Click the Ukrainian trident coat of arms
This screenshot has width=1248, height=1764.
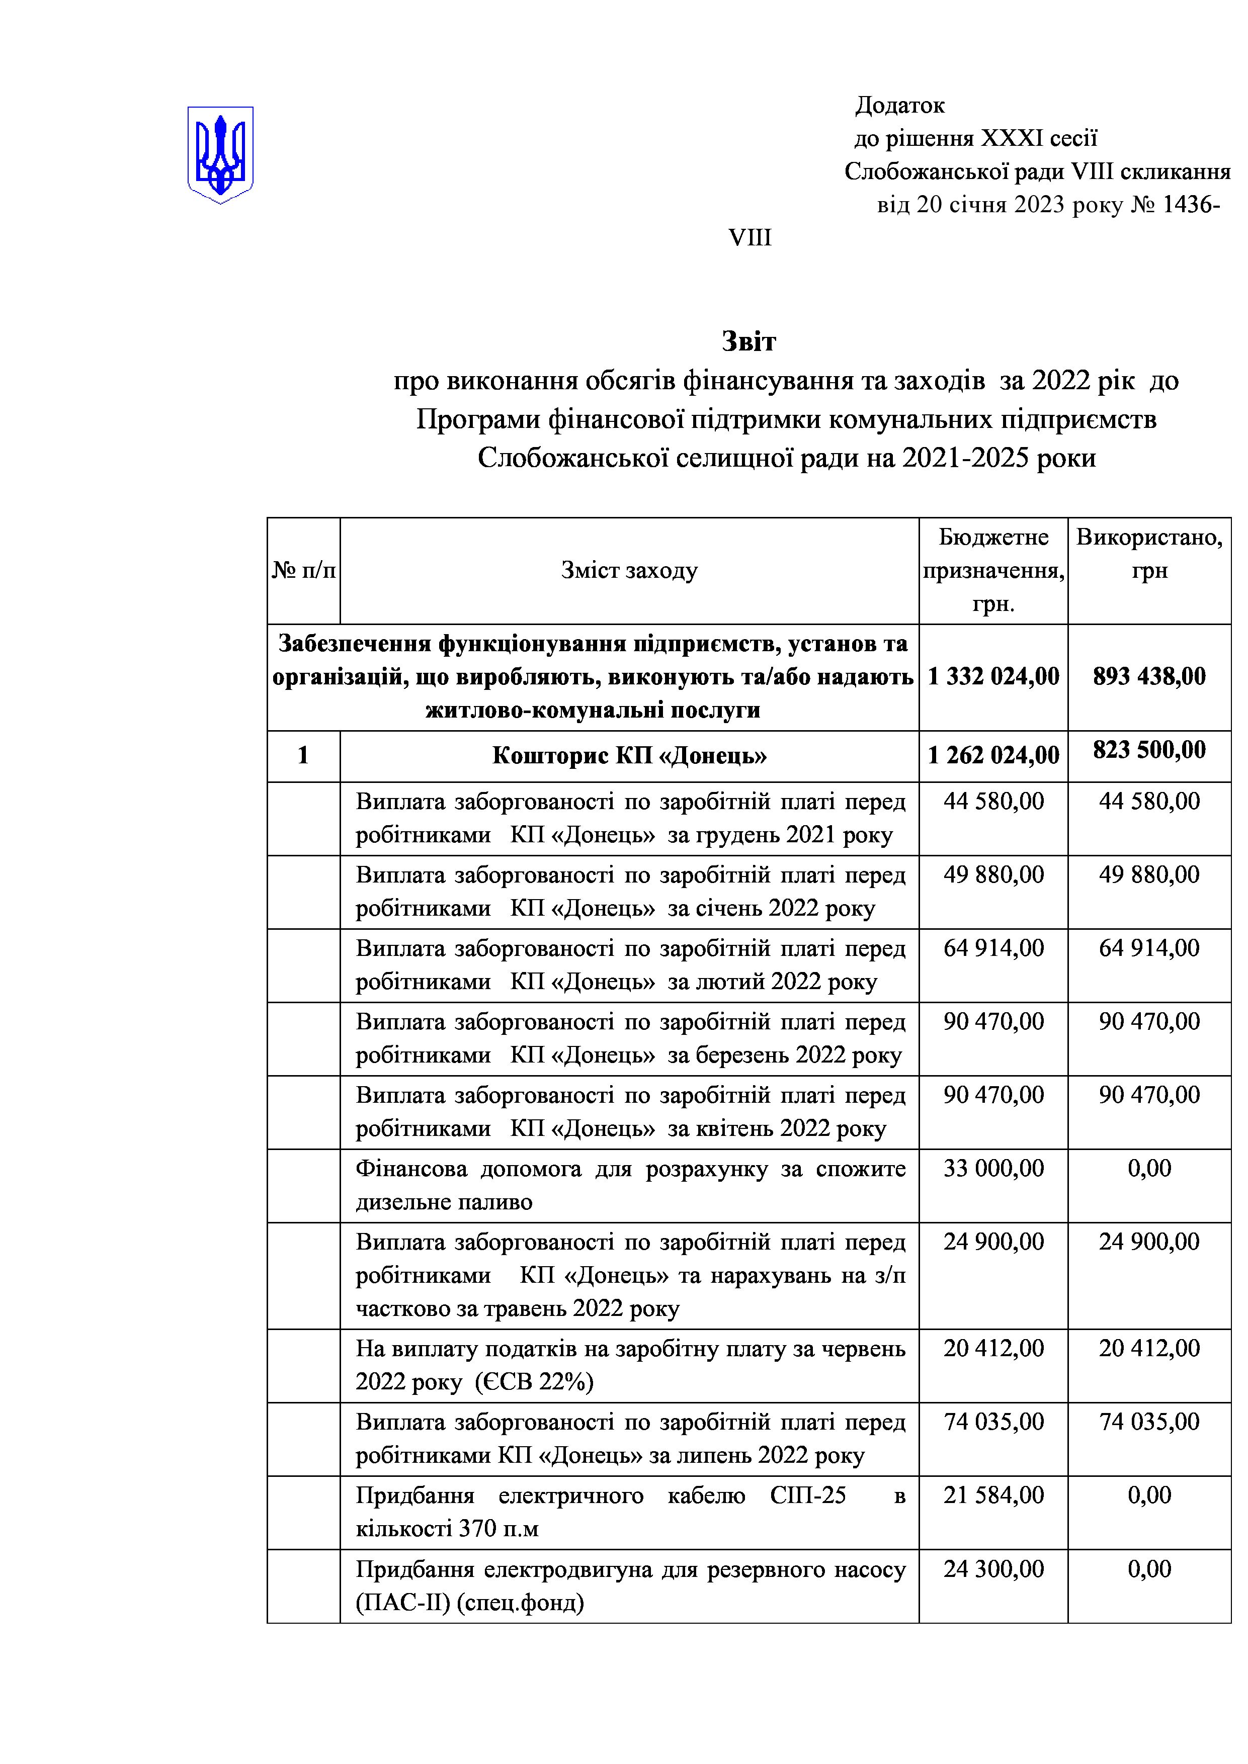(220, 154)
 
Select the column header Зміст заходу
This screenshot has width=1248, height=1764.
(629, 570)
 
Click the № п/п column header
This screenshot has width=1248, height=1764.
(303, 570)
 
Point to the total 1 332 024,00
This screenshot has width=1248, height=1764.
(993, 676)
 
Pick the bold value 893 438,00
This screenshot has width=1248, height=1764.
(1149, 676)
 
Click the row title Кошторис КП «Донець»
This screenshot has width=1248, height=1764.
(629, 756)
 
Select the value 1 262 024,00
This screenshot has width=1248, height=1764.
(993, 756)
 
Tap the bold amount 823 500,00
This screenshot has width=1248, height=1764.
(1149, 750)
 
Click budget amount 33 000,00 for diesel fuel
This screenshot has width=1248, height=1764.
(993, 1169)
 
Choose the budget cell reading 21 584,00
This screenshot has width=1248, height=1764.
(993, 1495)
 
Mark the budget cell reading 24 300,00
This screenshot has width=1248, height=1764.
(993, 1568)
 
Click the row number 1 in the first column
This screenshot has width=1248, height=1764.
(303, 756)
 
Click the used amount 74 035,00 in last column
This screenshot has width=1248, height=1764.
(1149, 1422)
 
